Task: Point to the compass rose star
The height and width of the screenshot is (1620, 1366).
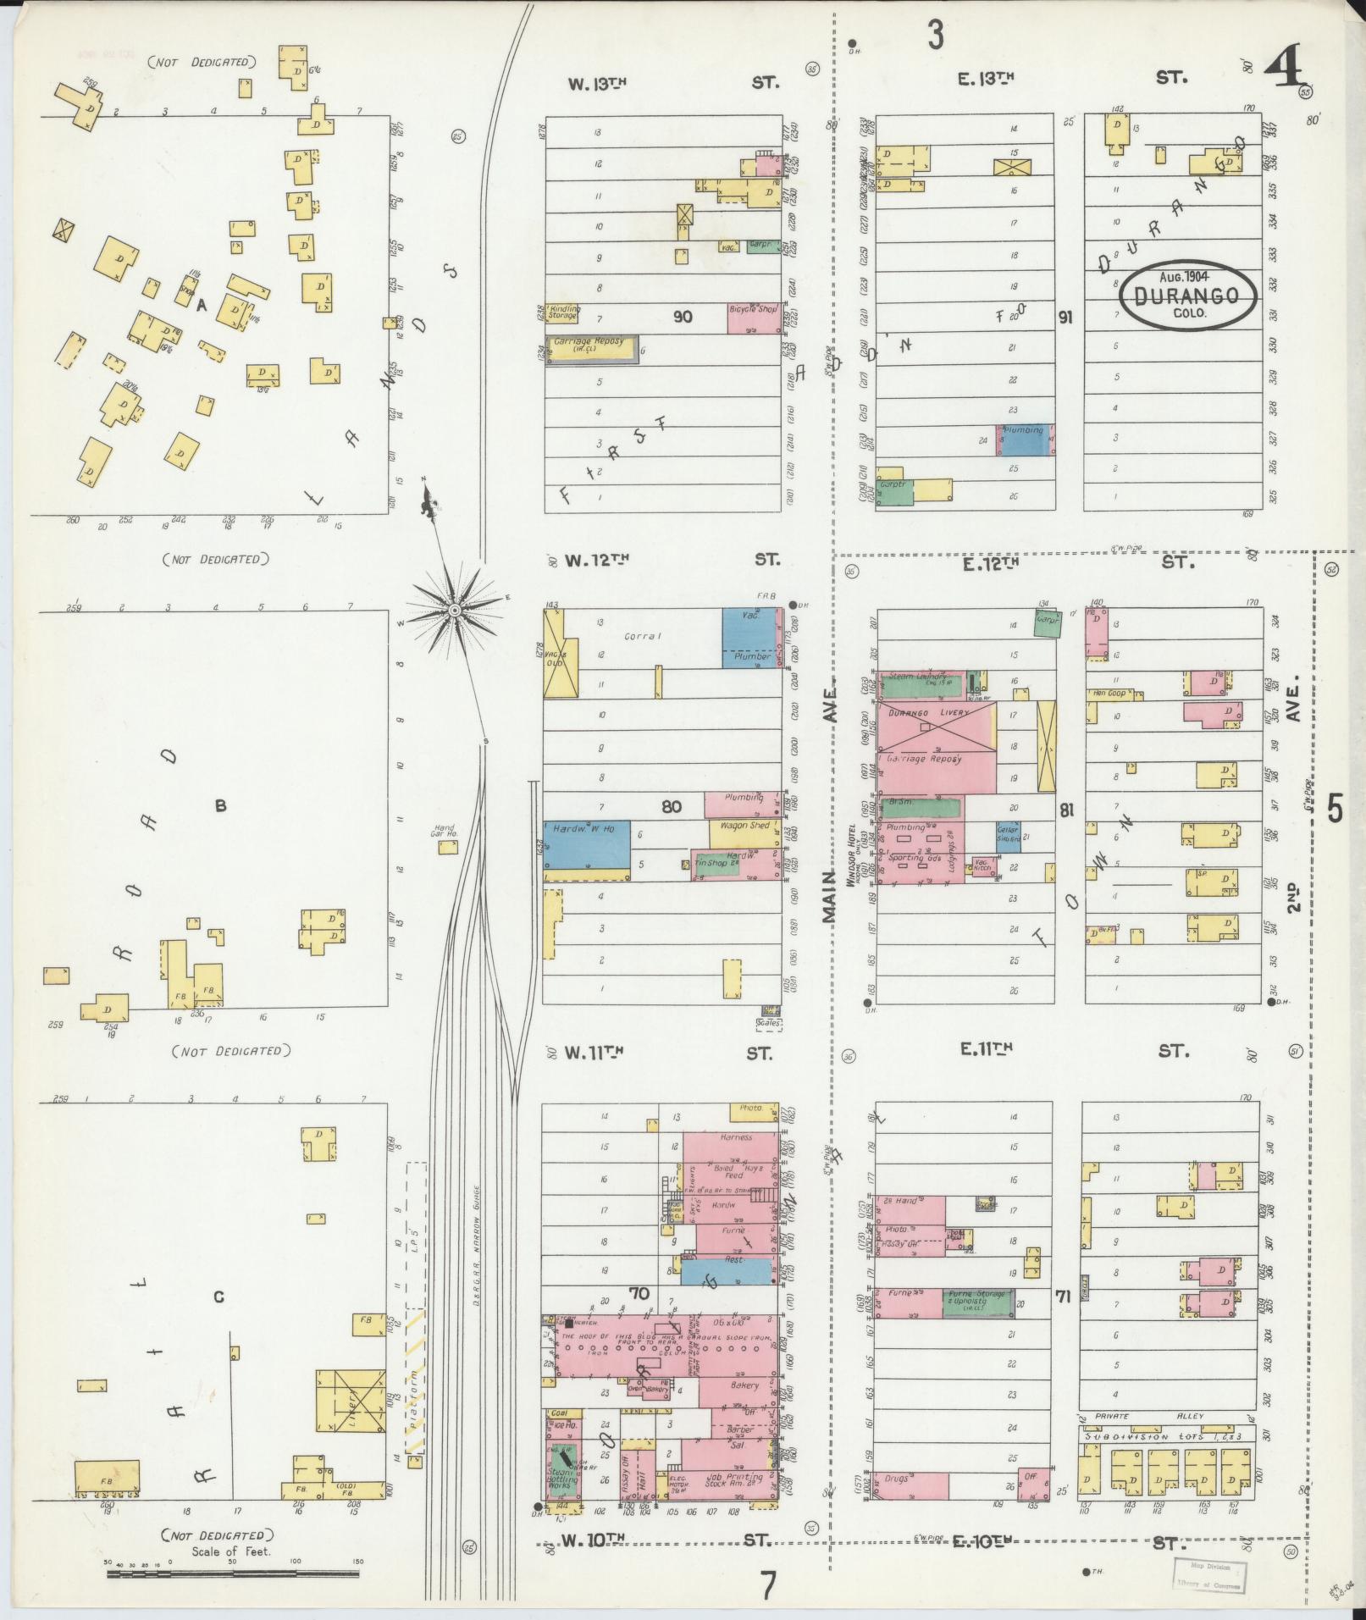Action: (x=455, y=610)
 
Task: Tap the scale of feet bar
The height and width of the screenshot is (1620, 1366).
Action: (x=234, y=1574)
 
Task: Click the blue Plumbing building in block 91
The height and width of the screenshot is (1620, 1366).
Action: (x=1026, y=441)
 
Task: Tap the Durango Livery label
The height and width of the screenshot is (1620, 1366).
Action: (x=928, y=713)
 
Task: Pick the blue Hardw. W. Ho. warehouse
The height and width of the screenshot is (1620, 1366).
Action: (x=586, y=843)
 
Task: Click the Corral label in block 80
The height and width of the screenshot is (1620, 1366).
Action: (x=641, y=635)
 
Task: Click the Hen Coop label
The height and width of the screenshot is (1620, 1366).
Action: (x=1109, y=693)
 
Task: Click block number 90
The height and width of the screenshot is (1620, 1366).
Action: (x=683, y=317)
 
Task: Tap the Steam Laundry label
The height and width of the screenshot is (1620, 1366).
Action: (x=918, y=677)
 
